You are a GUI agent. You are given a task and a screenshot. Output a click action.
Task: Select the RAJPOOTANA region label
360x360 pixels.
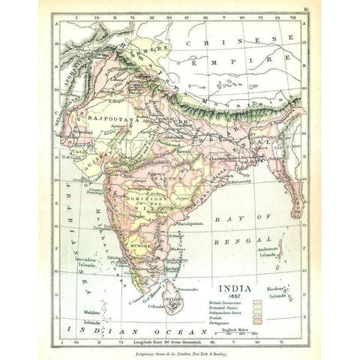coord(112,117)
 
